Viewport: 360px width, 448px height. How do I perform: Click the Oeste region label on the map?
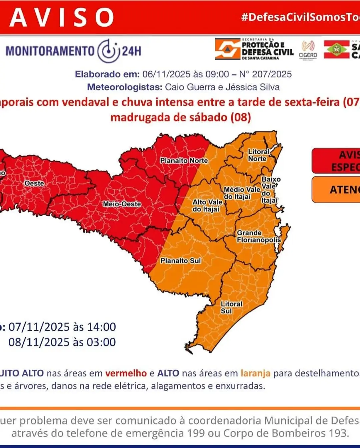click(34, 183)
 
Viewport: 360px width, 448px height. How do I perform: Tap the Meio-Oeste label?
click(122, 204)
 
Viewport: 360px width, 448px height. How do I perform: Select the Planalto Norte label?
click(184, 161)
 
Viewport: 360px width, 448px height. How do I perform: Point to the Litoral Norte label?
click(258, 155)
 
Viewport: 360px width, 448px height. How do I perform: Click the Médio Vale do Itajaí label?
click(242, 193)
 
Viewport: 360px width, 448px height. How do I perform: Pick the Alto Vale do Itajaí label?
click(207, 206)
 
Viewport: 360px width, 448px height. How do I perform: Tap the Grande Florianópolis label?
click(259, 236)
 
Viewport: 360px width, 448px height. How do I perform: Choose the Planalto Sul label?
click(181, 261)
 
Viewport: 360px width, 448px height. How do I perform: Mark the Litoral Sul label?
click(231, 307)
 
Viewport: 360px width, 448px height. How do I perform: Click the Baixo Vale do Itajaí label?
click(270, 190)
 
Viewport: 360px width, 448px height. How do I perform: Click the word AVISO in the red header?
click(62, 17)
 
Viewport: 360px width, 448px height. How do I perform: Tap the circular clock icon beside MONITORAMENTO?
click(108, 51)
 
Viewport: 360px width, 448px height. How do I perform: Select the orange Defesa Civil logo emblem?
click(227, 49)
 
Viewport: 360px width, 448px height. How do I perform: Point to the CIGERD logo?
click(308, 50)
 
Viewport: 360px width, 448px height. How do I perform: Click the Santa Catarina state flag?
click(336, 50)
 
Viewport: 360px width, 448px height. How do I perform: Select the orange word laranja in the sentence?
click(255, 373)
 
